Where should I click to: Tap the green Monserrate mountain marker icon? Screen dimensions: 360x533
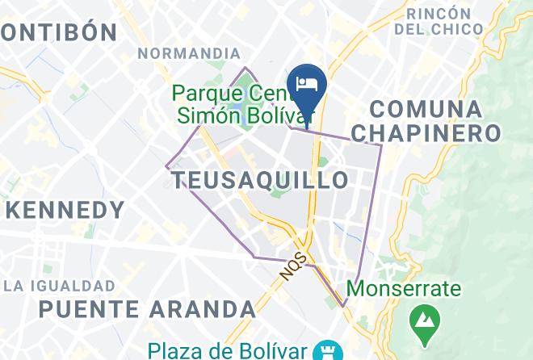422,320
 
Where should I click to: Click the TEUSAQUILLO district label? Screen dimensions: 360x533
261,179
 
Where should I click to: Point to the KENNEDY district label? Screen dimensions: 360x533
65,211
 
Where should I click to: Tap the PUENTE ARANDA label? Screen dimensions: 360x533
147,308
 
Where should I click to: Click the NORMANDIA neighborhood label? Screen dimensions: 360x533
184,54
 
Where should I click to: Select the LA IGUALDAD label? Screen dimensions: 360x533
59,286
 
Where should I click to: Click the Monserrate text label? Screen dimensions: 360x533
404,288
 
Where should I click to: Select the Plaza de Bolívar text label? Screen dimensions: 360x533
229,350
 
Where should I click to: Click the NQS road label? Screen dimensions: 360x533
294,264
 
